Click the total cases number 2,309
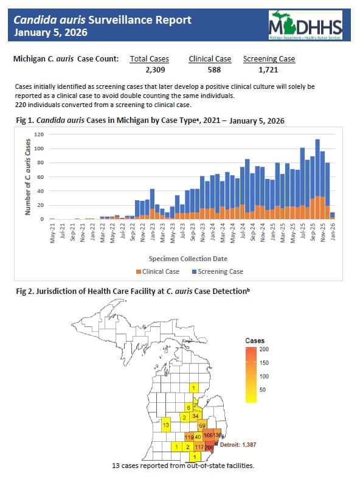coord(149,71)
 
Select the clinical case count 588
coord(210,71)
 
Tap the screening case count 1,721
coord(269,71)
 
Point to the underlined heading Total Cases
coord(149,59)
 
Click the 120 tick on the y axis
coord(38,134)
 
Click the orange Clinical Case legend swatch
coord(139,271)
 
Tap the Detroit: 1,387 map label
coord(237,445)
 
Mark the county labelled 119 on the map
coord(189,437)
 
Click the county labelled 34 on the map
coord(195,416)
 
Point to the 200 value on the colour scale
coord(265,349)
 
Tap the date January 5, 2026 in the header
coord(50,32)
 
